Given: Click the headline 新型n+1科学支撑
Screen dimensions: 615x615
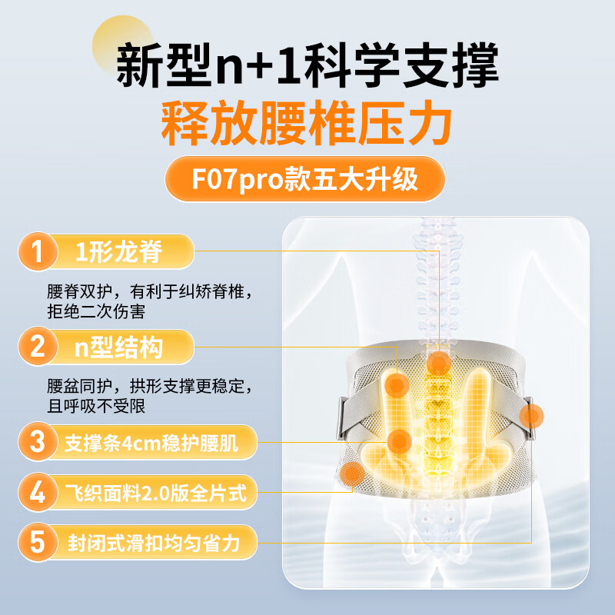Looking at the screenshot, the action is point(307,65).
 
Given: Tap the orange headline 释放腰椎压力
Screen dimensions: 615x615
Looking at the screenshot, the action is point(306,123).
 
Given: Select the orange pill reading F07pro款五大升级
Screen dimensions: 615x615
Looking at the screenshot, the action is point(304,179).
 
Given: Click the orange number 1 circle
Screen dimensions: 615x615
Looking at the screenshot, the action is point(38,251).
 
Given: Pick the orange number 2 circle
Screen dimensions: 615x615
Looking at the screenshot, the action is point(38,347).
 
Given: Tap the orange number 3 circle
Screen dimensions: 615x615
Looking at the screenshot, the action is point(38,441).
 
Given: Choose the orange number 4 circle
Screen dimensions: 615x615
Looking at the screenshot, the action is point(38,492).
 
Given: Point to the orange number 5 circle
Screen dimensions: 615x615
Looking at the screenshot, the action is point(38,543).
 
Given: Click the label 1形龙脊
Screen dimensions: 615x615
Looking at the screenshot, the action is point(118,251).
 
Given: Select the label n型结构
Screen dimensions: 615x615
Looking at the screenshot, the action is point(118,347).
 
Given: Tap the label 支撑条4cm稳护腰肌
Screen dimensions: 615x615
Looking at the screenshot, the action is point(151,443).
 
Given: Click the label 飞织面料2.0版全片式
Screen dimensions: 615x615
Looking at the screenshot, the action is point(156,493).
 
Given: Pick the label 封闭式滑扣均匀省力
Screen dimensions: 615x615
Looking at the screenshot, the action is point(153,544).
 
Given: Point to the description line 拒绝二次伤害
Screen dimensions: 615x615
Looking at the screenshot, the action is point(96,312).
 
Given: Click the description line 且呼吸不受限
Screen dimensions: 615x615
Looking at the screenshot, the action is point(96,406).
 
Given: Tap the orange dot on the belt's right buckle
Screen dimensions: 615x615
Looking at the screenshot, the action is point(531,416).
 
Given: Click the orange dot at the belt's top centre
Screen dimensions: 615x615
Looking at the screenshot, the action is point(439,363).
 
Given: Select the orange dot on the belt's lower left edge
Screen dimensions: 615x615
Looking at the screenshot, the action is point(353,474).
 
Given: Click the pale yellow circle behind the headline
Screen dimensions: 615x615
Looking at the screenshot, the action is point(122,45).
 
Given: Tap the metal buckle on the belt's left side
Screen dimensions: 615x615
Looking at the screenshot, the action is point(341,417).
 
